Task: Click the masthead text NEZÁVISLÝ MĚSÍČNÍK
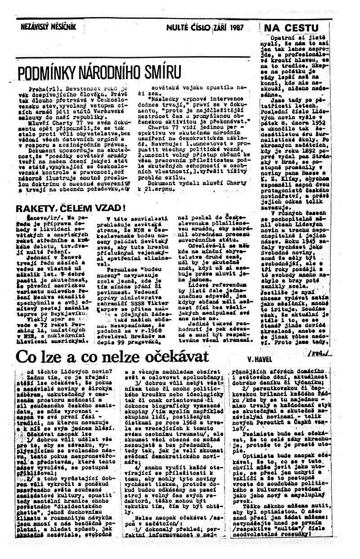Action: [x=48, y=27]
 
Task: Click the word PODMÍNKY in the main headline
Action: [x=50, y=73]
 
